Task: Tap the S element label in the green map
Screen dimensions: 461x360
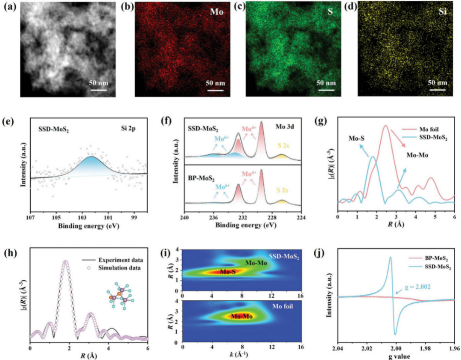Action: coord(330,12)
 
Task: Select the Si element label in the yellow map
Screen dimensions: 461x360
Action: coord(443,13)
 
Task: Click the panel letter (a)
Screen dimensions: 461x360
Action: coord(10,7)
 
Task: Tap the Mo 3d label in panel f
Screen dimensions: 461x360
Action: coord(285,127)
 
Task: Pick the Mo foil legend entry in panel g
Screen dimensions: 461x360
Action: coord(421,129)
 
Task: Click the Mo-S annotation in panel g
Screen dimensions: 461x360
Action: coord(356,138)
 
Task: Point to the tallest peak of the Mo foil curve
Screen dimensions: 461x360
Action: coord(385,125)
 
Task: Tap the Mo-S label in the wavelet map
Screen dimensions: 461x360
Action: coord(228,272)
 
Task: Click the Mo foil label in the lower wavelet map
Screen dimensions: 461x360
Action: coord(283,307)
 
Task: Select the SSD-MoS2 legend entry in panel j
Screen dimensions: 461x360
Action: coord(430,267)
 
